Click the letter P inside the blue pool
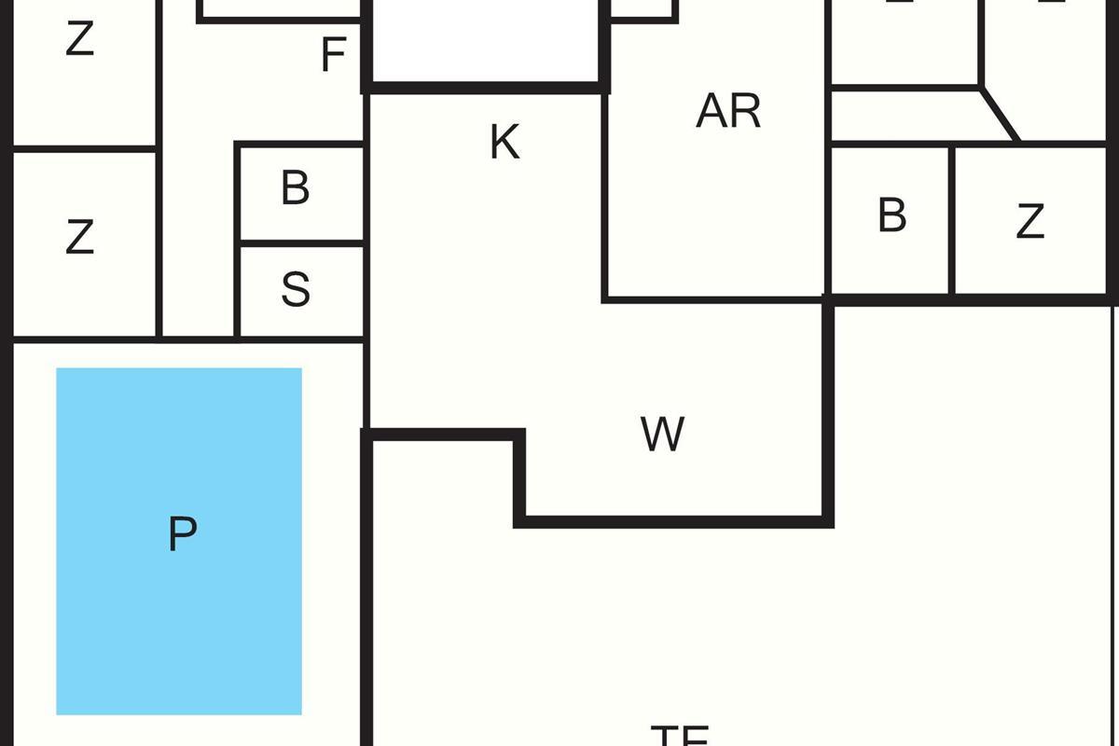click(x=183, y=534)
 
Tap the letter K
click(x=504, y=143)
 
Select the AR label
click(x=728, y=111)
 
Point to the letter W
click(x=663, y=435)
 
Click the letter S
click(x=296, y=290)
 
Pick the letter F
click(x=333, y=55)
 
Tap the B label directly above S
click(x=295, y=188)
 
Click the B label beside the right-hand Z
click(x=891, y=215)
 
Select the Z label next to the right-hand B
click(x=1029, y=222)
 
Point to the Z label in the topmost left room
click(x=80, y=40)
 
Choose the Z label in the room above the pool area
click(x=80, y=238)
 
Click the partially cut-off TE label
click(x=680, y=735)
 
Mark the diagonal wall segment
click(x=1000, y=116)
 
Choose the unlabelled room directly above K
click(x=485, y=42)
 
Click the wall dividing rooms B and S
click(x=301, y=242)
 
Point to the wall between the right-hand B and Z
click(x=951, y=220)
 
